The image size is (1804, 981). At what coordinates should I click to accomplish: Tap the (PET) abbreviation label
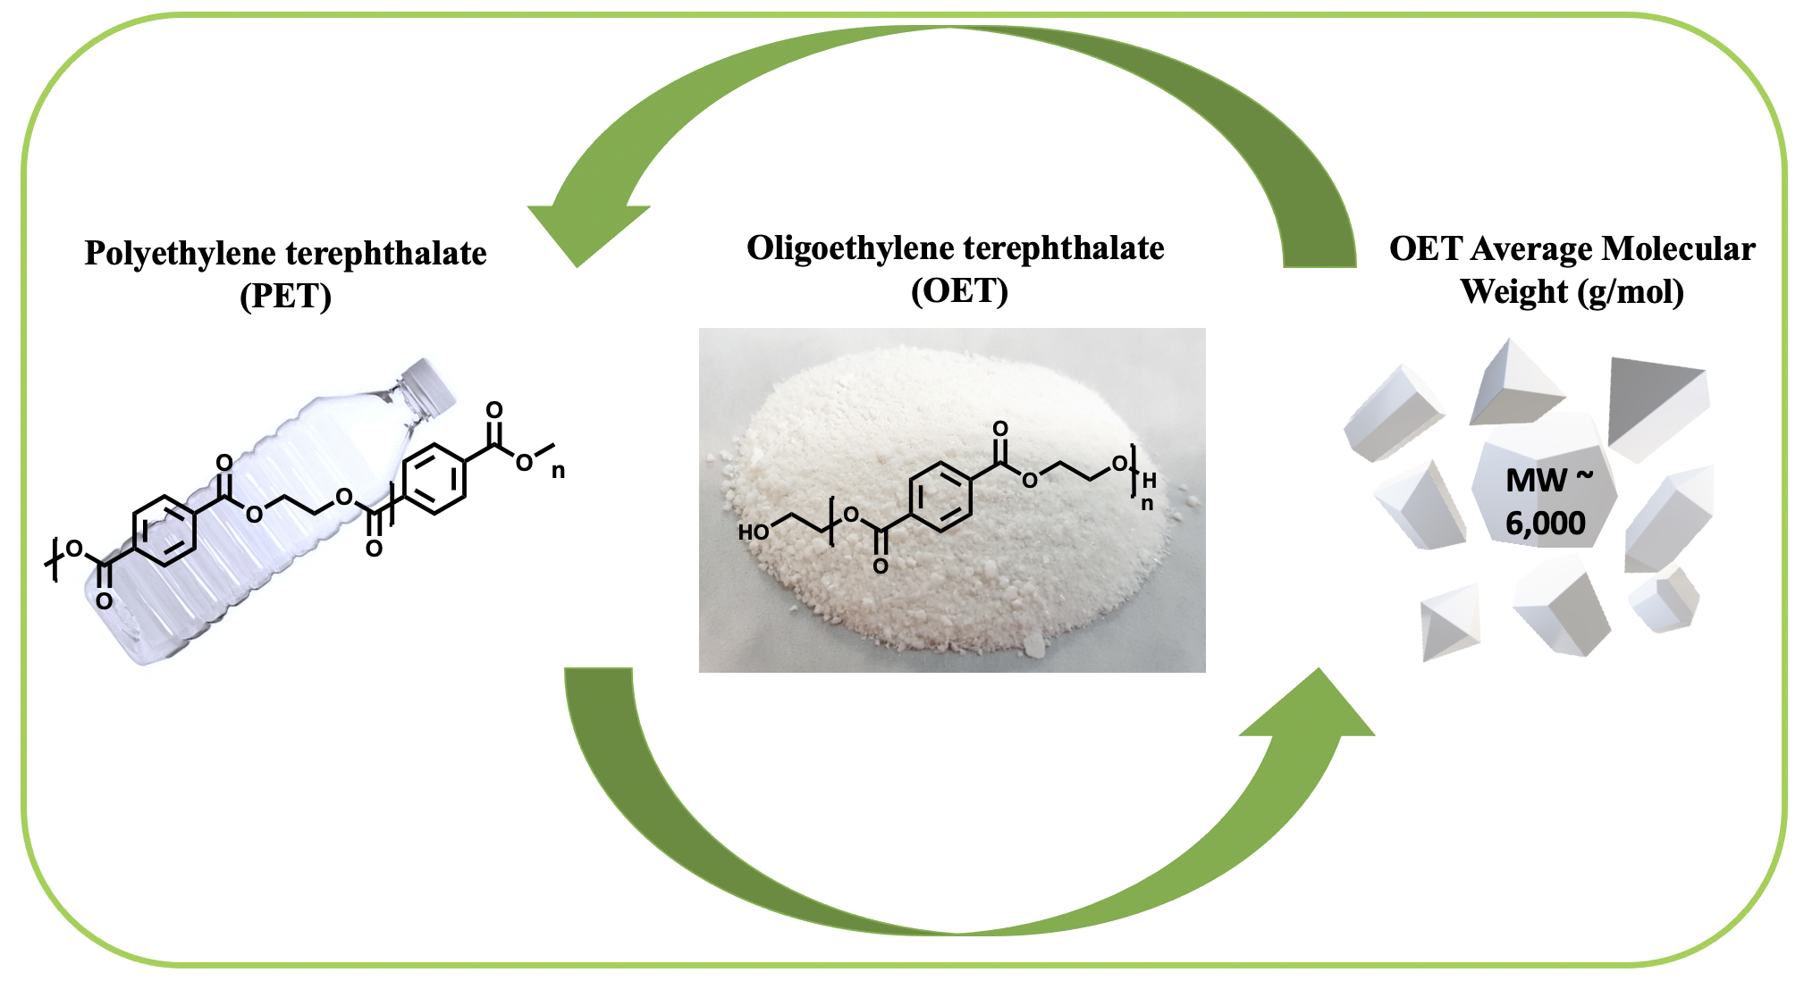tap(285, 296)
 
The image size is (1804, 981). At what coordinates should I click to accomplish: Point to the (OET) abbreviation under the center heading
tap(959, 291)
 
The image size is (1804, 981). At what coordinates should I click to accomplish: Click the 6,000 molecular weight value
tap(1545, 523)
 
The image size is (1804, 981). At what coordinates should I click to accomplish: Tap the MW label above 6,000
tap(1537, 481)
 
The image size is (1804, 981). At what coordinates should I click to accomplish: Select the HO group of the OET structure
tap(753, 532)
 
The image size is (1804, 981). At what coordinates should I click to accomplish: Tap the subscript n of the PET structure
tap(558, 471)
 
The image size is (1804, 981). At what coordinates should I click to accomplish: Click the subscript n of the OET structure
tap(1147, 504)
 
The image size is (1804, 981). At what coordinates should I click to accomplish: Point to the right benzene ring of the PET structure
tap(434, 479)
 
